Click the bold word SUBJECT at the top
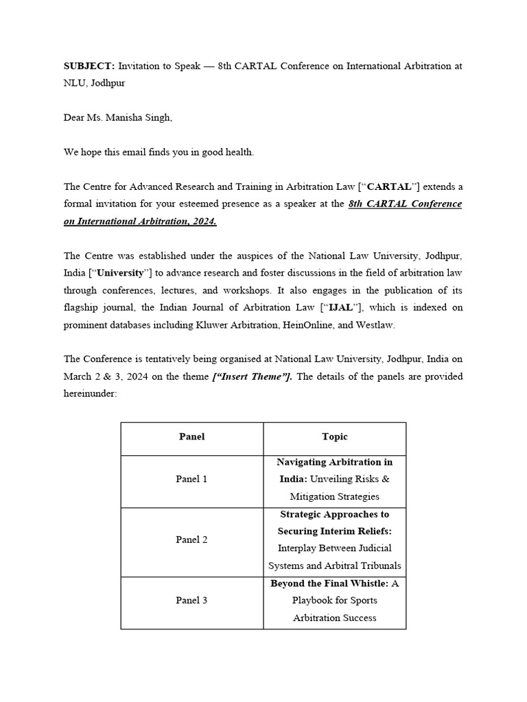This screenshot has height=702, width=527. (89, 66)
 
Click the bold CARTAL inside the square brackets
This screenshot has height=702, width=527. (390, 186)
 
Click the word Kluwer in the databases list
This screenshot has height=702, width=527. (214, 324)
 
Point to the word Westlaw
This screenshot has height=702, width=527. (376, 324)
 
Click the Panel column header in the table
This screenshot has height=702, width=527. (191, 437)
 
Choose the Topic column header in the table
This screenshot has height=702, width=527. (334, 437)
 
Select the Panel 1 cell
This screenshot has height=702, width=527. (191, 479)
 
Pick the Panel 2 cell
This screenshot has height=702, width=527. (191, 540)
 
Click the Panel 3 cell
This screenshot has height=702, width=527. (191, 601)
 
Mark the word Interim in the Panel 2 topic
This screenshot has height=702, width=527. (331, 531)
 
